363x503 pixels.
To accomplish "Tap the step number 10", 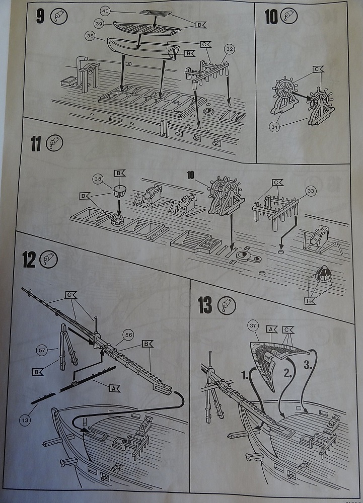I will (x=271, y=16).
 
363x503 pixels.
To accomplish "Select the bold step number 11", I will (x=35, y=144).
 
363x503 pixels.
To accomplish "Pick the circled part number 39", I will (x=99, y=24).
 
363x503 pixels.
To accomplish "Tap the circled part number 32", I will (x=230, y=49).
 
